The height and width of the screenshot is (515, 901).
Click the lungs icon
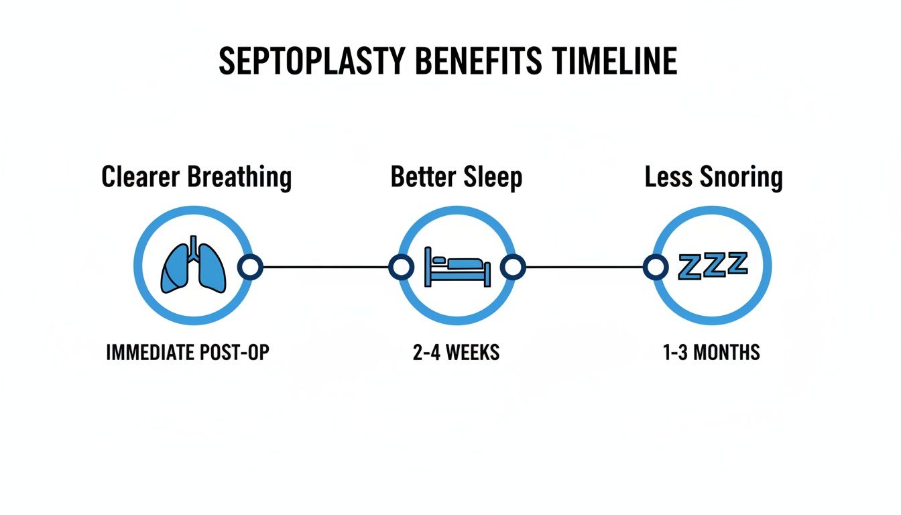192,266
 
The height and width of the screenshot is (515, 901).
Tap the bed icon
457,266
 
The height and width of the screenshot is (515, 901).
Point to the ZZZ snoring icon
713,265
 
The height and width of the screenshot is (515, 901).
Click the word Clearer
141,177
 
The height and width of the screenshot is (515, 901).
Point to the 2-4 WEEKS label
457,353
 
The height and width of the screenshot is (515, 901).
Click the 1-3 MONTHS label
712,353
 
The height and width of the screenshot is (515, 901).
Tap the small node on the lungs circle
251,267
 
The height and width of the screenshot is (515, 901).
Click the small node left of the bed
401,267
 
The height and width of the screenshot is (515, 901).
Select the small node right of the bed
514,267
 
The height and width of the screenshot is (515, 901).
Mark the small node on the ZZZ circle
655,267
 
